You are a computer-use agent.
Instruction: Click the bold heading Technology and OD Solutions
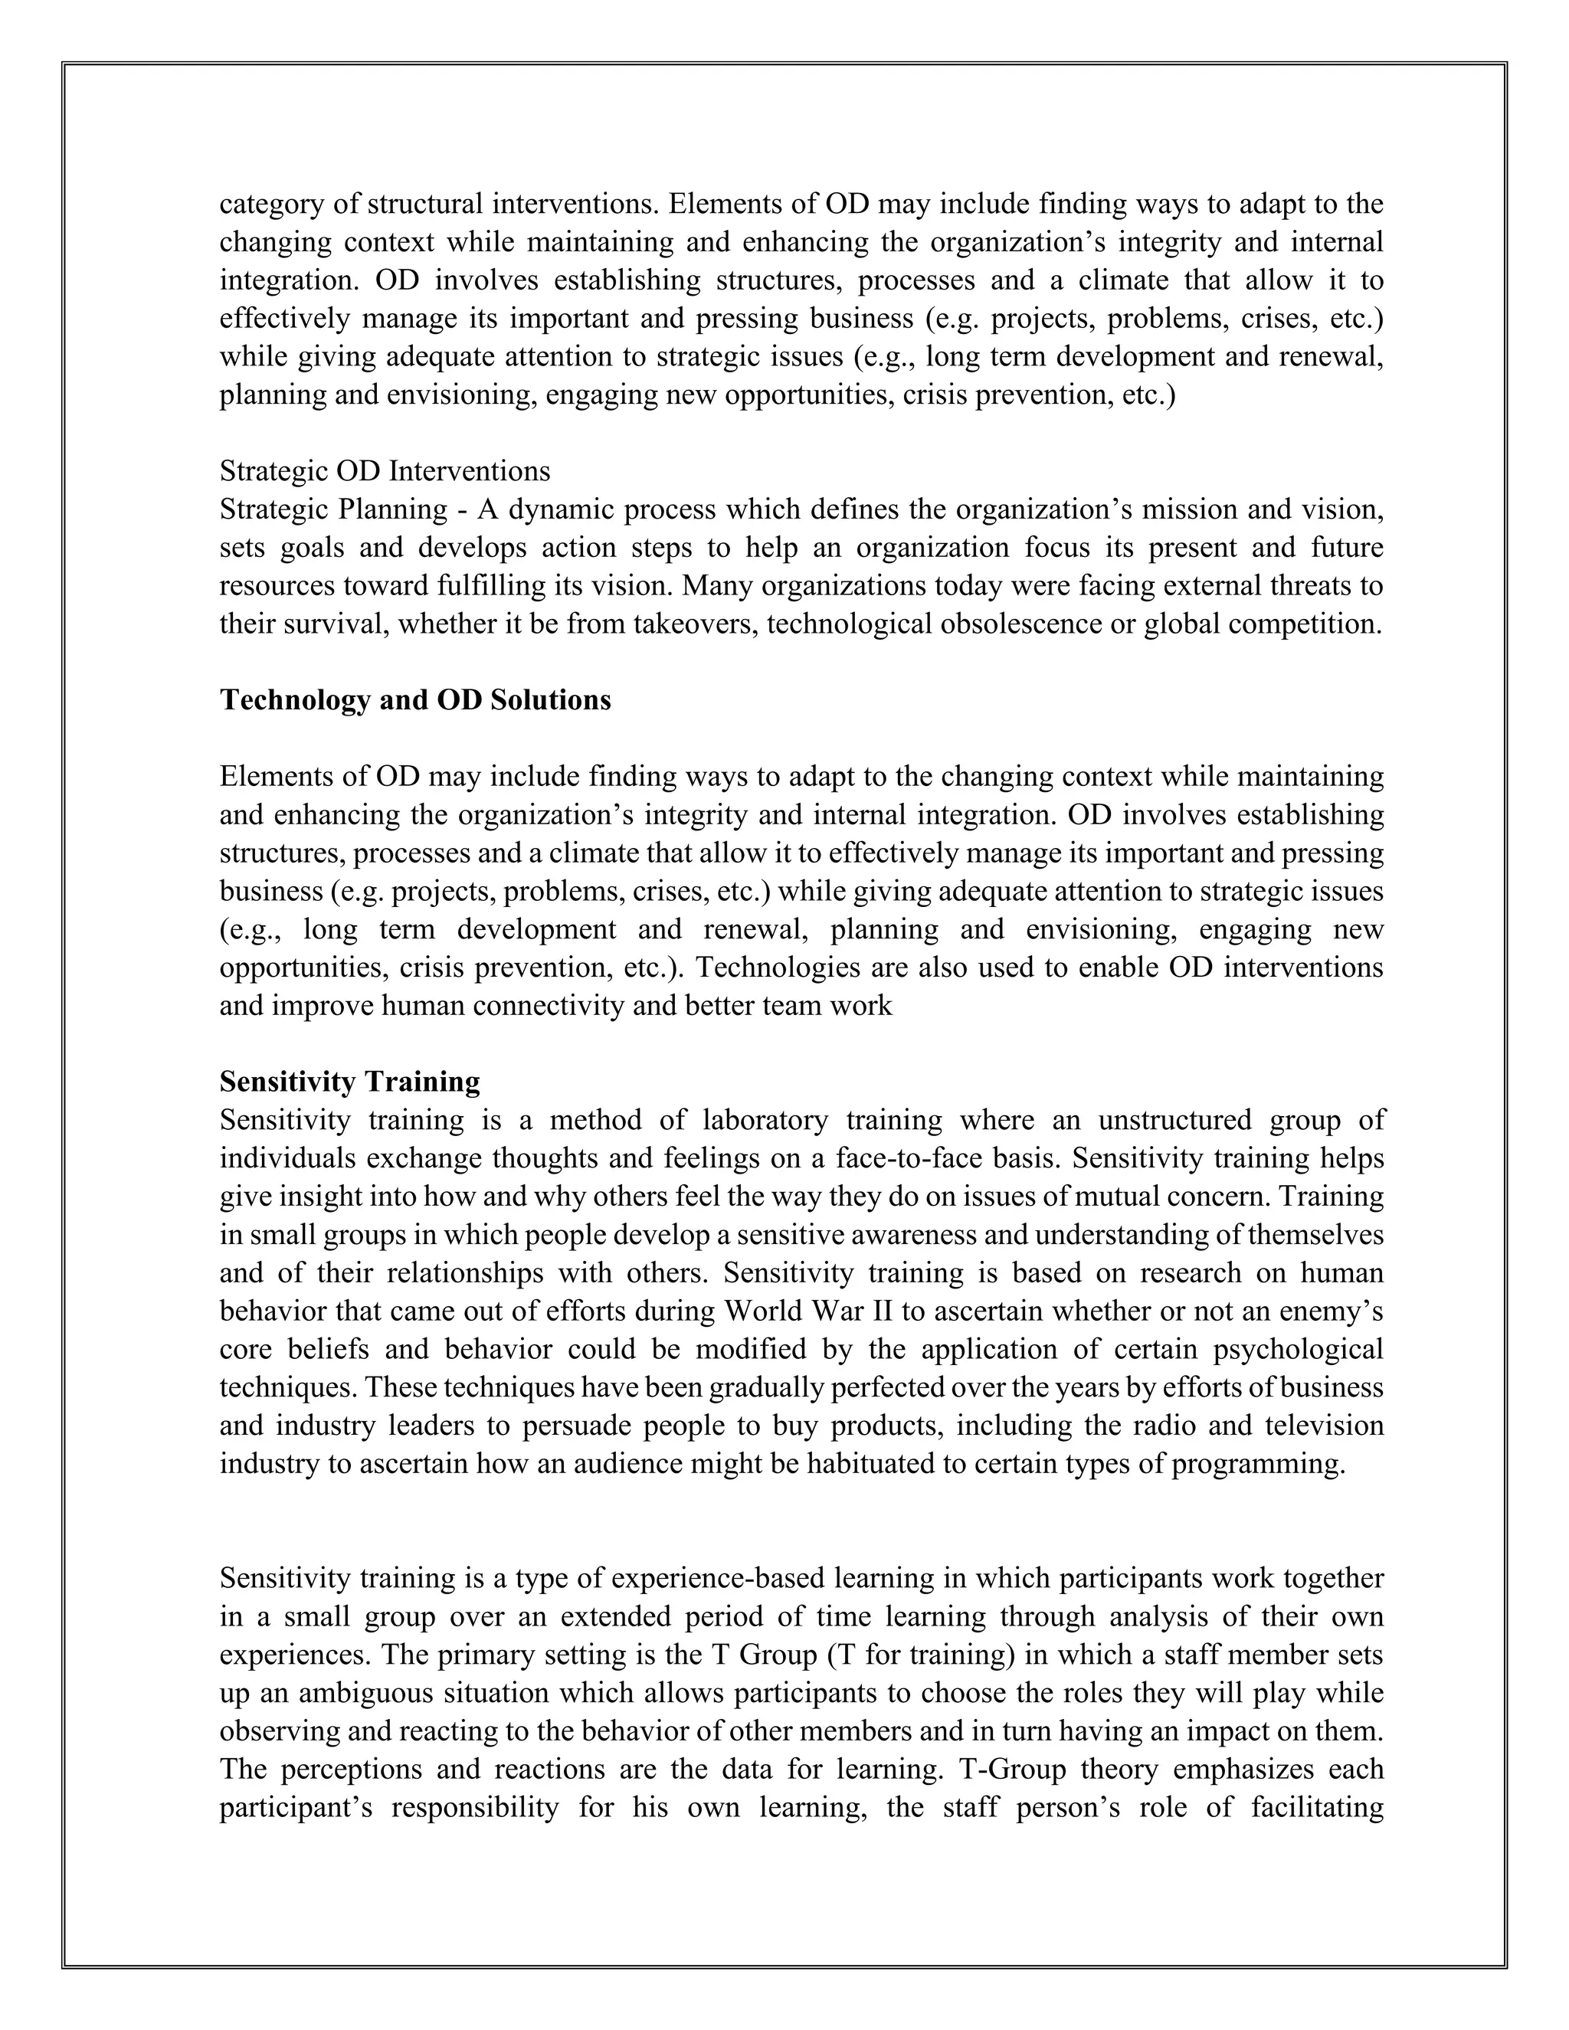[414, 700]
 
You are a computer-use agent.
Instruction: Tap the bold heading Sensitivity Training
[349, 1082]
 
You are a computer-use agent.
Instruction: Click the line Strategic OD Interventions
[385, 471]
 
